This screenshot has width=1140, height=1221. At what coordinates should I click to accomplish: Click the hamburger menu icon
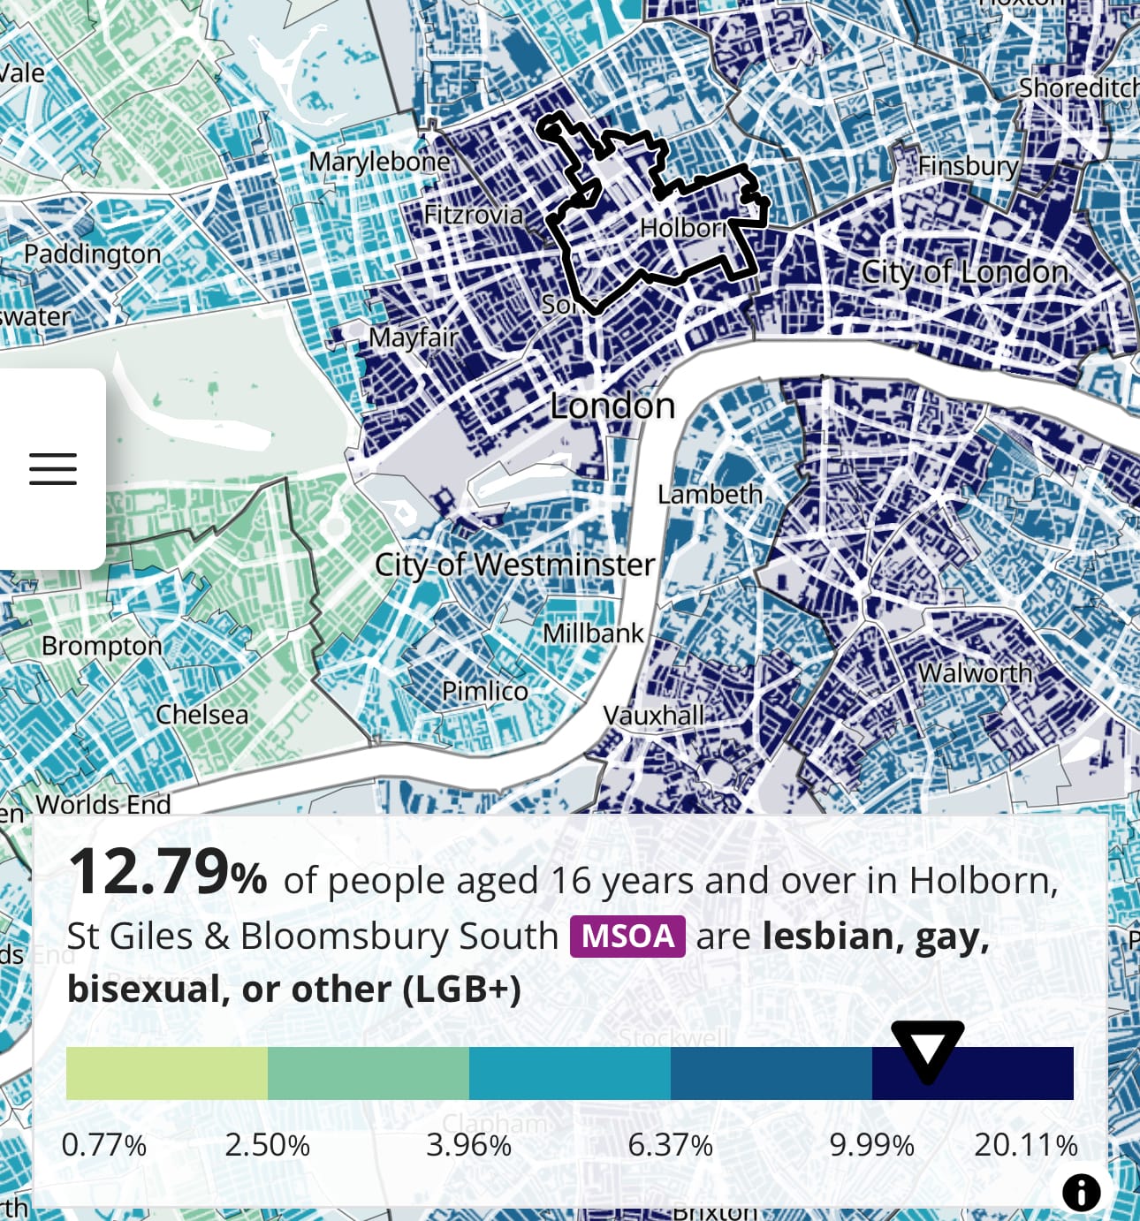coord(53,468)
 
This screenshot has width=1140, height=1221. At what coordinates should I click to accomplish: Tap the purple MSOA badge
coord(627,937)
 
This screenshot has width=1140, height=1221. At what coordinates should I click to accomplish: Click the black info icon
coord(1081,1192)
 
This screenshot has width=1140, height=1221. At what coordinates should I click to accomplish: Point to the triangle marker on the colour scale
coord(927,1050)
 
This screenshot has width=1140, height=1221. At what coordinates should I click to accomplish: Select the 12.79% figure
coord(167,874)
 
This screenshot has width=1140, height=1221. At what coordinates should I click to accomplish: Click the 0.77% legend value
coord(104,1145)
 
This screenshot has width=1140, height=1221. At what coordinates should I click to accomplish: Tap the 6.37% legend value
coord(670,1145)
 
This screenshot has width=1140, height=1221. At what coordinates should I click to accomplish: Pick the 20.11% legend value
coord(1025,1145)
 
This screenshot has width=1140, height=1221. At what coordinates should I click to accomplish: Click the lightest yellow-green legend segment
coord(166,1073)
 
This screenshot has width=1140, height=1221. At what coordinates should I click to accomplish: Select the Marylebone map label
coord(379,162)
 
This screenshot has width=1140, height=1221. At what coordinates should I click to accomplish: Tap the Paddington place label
coord(92,254)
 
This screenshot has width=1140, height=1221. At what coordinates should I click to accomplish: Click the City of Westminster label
coord(514,565)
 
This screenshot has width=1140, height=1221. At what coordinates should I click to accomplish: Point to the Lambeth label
coord(710,494)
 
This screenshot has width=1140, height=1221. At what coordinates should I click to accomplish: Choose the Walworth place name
coord(975,673)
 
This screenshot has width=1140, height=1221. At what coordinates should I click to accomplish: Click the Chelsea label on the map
coord(201,715)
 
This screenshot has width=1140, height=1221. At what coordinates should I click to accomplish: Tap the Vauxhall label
coord(653,715)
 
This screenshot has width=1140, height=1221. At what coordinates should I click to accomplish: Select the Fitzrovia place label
coord(473,215)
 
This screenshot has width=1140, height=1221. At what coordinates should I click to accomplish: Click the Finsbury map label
coord(968,166)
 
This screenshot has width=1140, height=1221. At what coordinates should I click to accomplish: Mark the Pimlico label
coord(484,691)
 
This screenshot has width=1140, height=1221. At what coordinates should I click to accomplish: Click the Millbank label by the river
coord(593,633)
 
